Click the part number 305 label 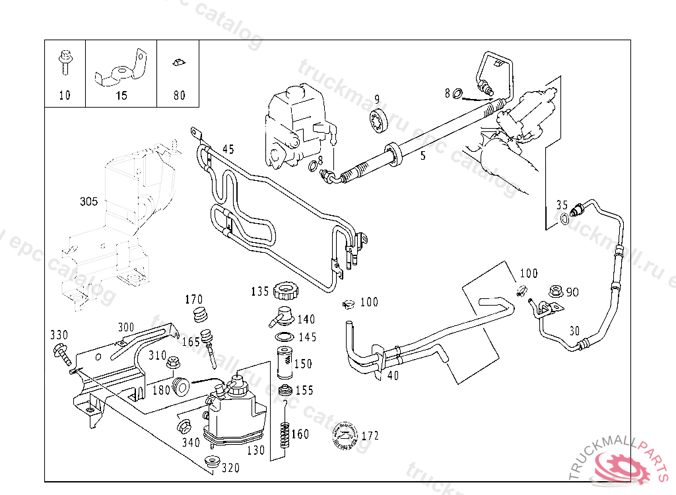(x=88, y=201)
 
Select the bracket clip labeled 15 (x=121, y=71)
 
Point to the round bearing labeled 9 (x=377, y=122)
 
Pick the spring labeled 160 (x=285, y=433)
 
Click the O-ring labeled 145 (x=283, y=337)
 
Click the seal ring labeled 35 (x=564, y=219)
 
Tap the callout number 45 (x=228, y=148)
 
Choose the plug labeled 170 (x=197, y=314)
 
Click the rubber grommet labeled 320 (x=213, y=461)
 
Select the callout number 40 (x=393, y=376)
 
